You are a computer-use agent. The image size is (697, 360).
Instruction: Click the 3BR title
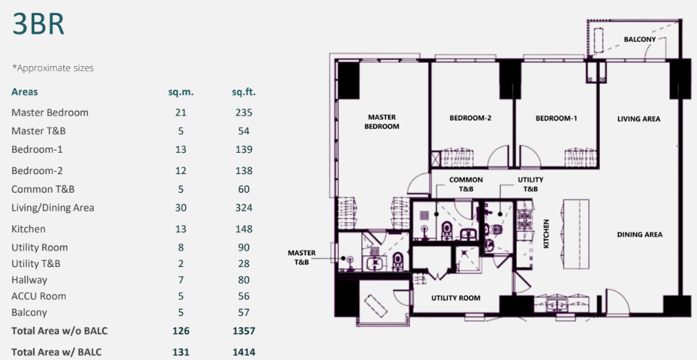[x=39, y=24]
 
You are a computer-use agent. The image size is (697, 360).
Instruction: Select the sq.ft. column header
[x=244, y=92]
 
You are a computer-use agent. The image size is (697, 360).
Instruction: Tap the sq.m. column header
[x=181, y=92]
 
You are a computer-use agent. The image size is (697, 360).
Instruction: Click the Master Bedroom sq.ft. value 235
[x=244, y=112]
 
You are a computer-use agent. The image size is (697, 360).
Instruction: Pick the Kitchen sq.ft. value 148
[x=244, y=229]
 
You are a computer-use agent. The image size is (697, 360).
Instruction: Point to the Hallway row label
[x=30, y=280]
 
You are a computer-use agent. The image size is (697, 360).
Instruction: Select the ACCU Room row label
[x=39, y=296]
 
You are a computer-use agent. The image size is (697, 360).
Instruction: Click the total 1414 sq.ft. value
[x=244, y=352]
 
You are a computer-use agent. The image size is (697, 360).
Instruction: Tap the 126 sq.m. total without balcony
[x=181, y=331]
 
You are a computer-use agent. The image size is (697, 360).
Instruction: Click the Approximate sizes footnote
[x=53, y=68]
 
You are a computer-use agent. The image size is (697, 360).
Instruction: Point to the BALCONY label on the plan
[x=640, y=39]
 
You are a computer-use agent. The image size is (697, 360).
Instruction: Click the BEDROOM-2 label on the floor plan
[x=470, y=118]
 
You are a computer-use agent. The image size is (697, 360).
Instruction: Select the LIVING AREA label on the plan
[x=639, y=118]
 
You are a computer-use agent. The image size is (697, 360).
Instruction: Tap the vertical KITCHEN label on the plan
[x=546, y=233]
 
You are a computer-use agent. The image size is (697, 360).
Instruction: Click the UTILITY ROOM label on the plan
[x=455, y=298]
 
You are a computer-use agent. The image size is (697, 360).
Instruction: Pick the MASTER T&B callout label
[x=301, y=257]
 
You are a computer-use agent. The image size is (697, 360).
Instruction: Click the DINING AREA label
[x=640, y=235]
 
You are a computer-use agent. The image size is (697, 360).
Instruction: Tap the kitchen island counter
[x=576, y=234]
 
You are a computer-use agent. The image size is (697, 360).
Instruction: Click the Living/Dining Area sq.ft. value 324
[x=244, y=208]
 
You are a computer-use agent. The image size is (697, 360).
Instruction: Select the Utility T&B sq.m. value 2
[x=181, y=264]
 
